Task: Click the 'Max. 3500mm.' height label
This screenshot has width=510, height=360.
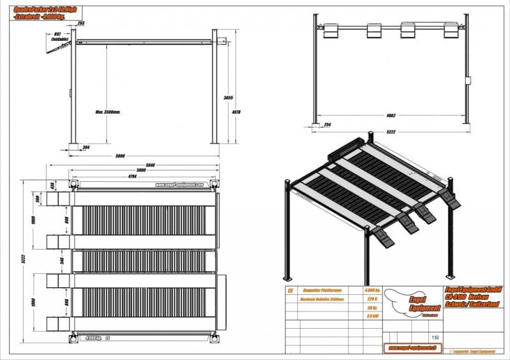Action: point(108,111)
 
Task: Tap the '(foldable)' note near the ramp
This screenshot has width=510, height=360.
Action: point(61,39)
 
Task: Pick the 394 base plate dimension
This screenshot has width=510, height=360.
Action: point(86,146)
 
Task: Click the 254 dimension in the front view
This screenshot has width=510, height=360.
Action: point(326,124)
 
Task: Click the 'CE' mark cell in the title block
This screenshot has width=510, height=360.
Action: point(292,289)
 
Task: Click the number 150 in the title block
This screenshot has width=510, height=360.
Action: point(435,337)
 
